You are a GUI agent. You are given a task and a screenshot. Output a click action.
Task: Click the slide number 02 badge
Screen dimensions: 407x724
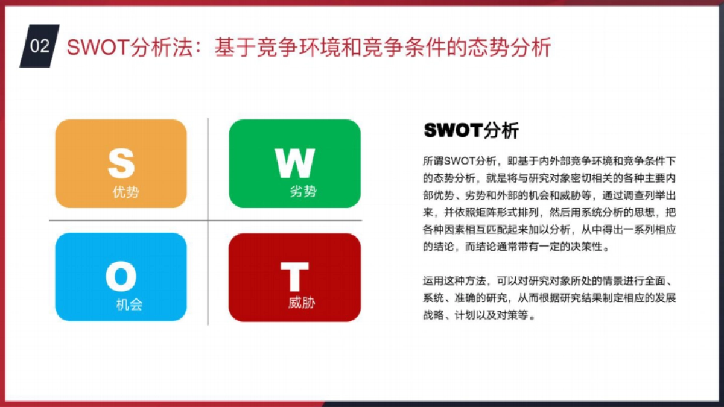(x=40, y=46)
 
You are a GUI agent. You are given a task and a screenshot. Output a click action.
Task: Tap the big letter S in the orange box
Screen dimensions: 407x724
(x=121, y=161)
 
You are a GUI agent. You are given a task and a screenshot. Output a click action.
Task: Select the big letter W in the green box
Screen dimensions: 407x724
(x=294, y=162)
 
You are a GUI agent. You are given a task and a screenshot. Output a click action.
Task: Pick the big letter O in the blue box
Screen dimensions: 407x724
(x=121, y=277)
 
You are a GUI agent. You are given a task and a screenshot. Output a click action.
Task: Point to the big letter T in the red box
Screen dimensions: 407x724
(x=294, y=277)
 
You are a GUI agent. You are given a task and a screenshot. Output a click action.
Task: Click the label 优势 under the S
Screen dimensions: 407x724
(x=125, y=192)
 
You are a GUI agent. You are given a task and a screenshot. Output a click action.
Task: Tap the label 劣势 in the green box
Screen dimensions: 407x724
(x=303, y=192)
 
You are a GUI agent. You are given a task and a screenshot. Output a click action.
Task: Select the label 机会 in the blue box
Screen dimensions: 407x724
(x=129, y=304)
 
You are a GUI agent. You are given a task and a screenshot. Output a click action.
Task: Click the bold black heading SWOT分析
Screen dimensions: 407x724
(x=471, y=130)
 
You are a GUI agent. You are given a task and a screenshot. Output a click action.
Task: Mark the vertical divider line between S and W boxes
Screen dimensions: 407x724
(x=208, y=169)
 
